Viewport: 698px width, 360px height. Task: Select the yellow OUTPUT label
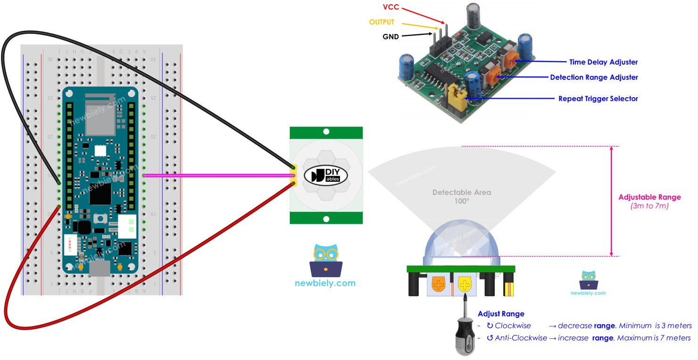pos(382,22)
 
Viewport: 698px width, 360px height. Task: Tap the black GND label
pos(391,36)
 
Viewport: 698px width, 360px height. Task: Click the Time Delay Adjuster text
pos(603,62)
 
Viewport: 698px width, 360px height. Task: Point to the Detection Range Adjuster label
pos(594,77)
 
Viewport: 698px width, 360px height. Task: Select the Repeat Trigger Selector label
pos(598,99)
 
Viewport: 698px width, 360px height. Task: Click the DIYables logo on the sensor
pos(326,176)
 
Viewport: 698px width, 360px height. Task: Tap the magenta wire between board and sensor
pos(217,176)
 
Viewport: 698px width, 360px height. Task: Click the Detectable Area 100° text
pos(461,196)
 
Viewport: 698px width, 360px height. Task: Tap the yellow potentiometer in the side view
pos(465,285)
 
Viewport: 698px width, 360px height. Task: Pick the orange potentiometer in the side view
pos(439,285)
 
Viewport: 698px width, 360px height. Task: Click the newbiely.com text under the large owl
pos(325,284)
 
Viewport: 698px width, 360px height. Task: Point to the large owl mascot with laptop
pos(325,260)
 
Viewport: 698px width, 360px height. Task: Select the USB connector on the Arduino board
pos(100,268)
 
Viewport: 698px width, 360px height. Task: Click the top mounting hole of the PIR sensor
pos(326,132)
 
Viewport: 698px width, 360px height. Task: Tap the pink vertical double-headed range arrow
pos(611,201)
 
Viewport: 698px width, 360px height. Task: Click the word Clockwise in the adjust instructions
pos(512,326)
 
